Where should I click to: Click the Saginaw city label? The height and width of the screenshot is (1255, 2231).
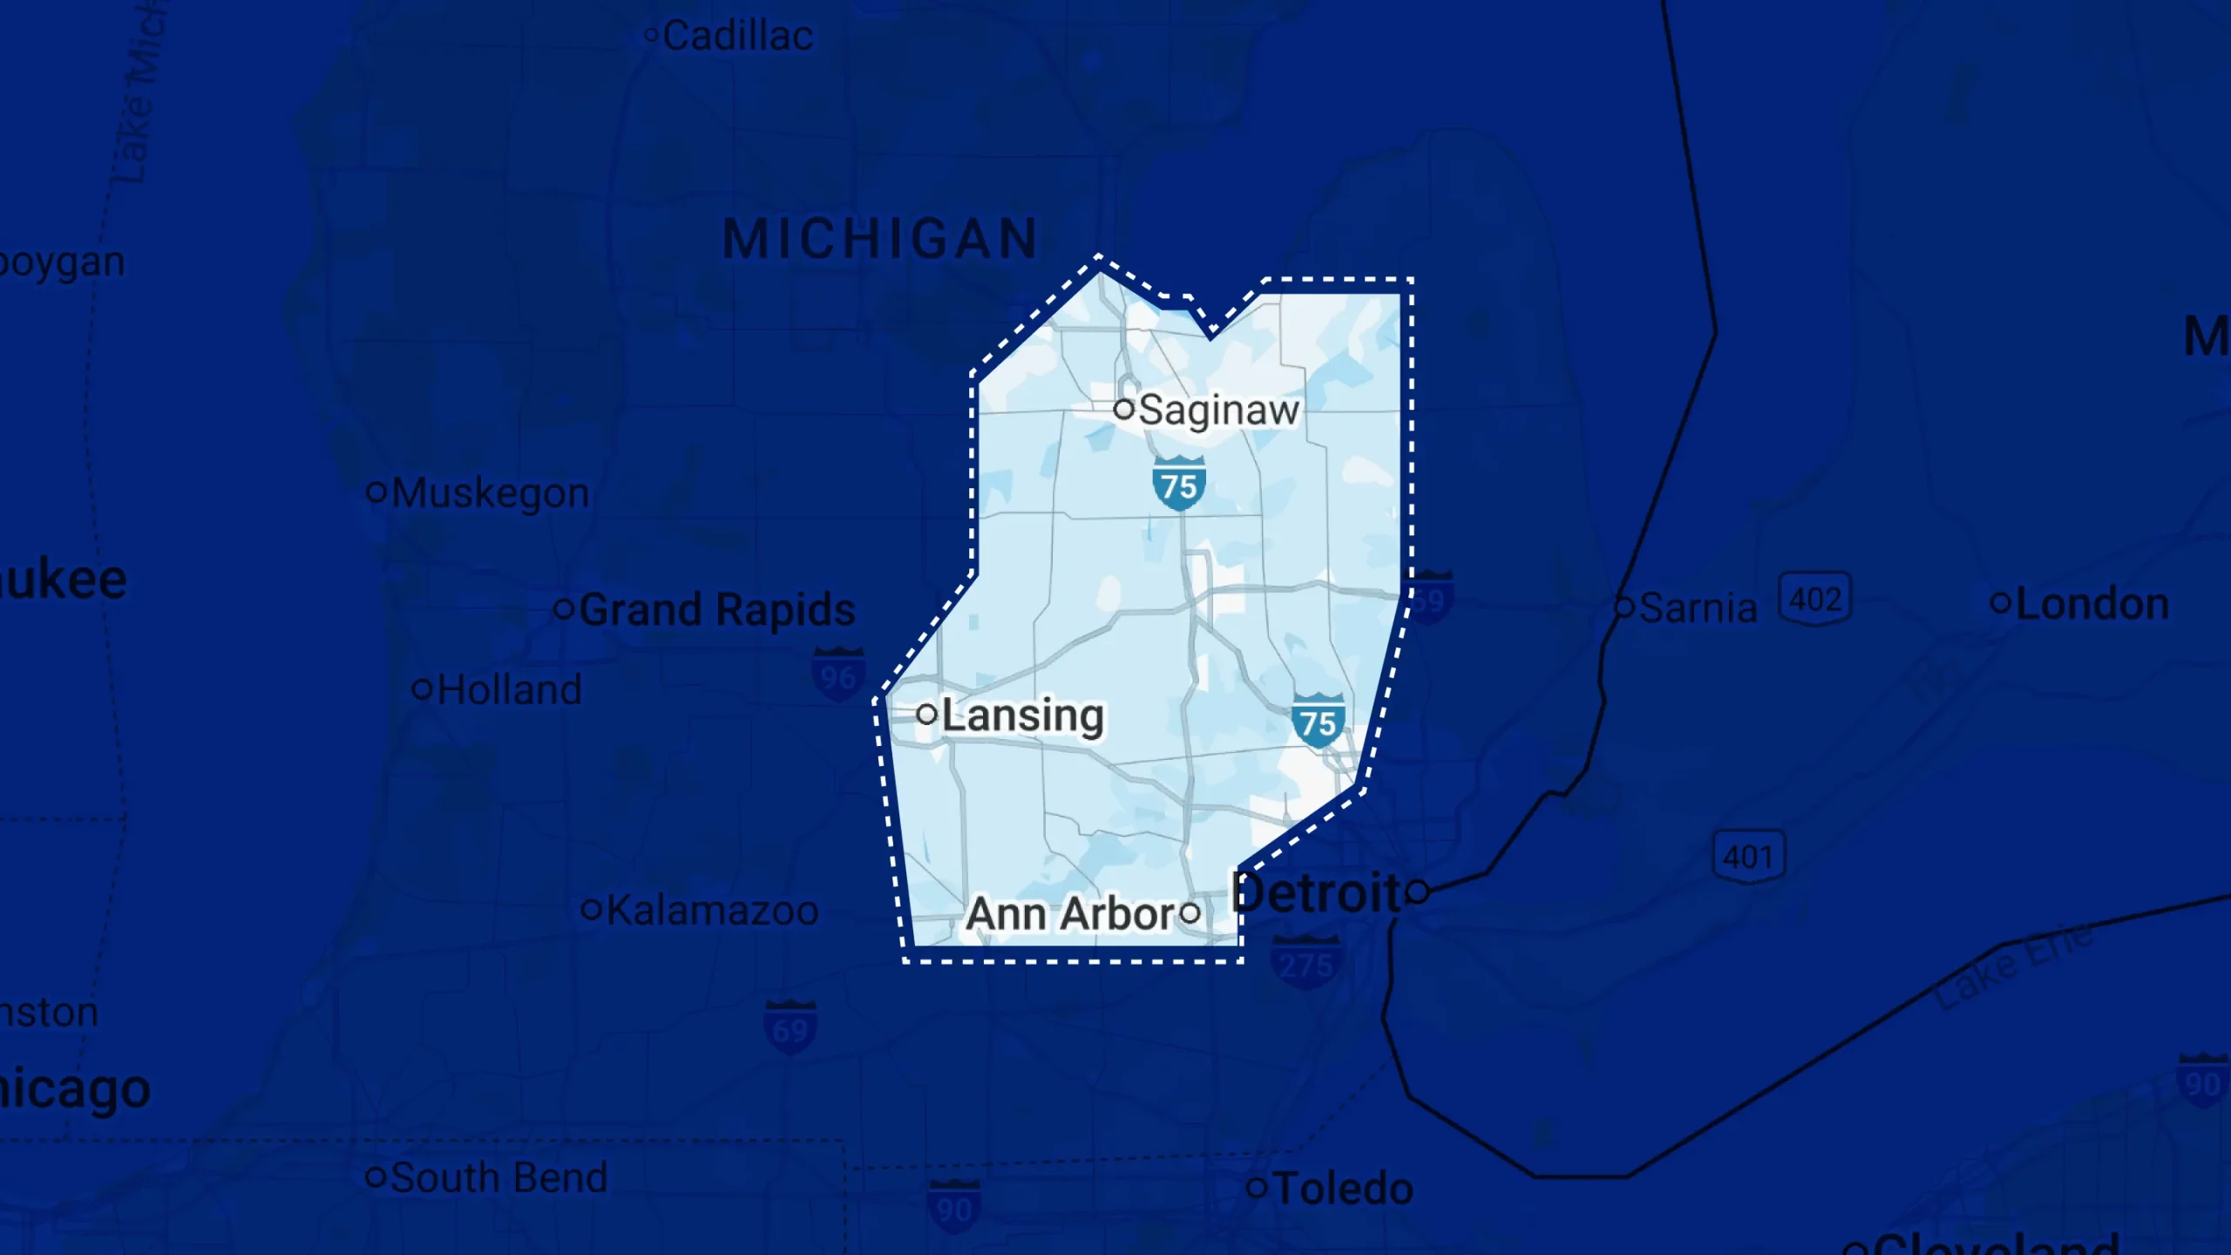click(x=1218, y=410)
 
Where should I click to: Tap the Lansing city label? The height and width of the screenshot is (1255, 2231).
click(x=1022, y=716)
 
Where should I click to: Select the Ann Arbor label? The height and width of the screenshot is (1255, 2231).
click(x=1072, y=913)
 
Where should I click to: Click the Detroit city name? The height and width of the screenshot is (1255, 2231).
click(x=1316, y=893)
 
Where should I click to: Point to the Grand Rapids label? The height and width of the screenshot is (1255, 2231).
click(x=716, y=609)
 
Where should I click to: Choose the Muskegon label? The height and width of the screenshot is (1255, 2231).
click(x=490, y=493)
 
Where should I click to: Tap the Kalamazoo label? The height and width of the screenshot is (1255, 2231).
click(x=712, y=911)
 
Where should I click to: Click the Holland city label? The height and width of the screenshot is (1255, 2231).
click(x=509, y=690)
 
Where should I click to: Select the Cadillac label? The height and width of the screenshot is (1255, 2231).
click(x=737, y=37)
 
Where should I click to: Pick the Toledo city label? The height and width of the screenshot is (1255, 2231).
click(x=1343, y=1189)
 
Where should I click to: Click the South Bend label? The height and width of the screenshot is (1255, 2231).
click(x=498, y=1178)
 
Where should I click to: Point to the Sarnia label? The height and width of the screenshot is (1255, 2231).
click(x=1698, y=608)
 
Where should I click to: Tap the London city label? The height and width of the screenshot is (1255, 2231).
click(x=2092, y=604)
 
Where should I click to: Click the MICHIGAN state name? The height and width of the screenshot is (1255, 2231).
click(x=880, y=239)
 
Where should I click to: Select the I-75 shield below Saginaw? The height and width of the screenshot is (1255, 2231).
click(x=1179, y=484)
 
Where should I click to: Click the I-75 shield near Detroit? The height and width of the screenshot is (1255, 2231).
click(x=1318, y=720)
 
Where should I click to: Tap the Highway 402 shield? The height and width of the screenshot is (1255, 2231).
click(x=1814, y=599)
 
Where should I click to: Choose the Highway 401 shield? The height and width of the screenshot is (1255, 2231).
click(x=1748, y=856)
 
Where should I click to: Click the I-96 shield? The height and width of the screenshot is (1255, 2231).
click(x=837, y=675)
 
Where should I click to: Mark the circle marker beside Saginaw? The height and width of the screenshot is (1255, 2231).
click(x=1124, y=408)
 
